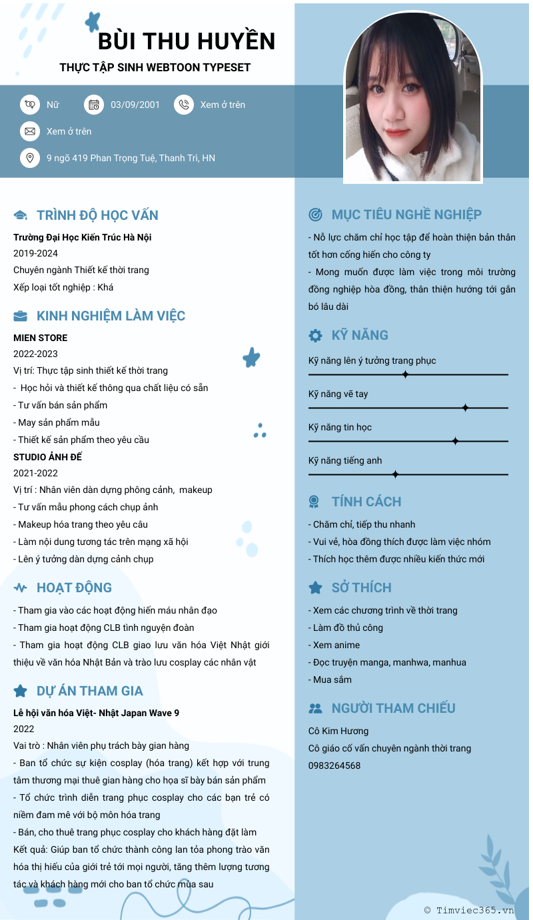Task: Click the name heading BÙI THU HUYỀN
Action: [187, 41]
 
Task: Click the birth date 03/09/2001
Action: [135, 105]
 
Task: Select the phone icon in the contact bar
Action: [184, 105]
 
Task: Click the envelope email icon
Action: [30, 131]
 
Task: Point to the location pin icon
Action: [30, 158]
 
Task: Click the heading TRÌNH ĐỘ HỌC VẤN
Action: [97, 215]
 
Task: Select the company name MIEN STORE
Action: [41, 338]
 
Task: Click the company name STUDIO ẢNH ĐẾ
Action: [48, 457]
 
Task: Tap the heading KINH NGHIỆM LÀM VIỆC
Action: [111, 316]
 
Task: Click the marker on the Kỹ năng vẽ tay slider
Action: [466, 408]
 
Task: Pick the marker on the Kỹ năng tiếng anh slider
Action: [395, 474]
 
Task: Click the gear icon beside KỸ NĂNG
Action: [315, 335]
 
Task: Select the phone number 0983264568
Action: [334, 765]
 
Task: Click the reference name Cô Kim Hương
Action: [338, 731]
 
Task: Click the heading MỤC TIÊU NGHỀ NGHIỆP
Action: [406, 215]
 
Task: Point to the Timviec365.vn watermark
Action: [469, 910]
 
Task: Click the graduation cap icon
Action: [21, 215]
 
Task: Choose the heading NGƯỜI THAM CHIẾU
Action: [393, 708]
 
